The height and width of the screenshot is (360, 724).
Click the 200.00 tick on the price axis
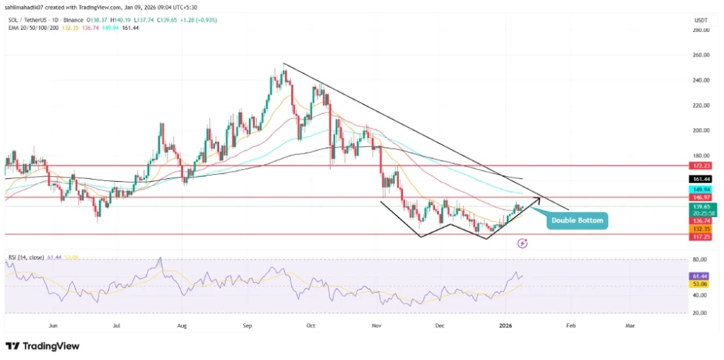[701, 131]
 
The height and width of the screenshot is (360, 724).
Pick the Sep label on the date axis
[247, 326]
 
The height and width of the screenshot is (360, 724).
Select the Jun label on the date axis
[52, 326]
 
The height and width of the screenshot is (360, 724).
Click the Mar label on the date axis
[630, 326]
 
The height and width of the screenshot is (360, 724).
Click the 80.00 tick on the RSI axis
[701, 260]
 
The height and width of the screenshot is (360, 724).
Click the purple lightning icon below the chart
[522, 243]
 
